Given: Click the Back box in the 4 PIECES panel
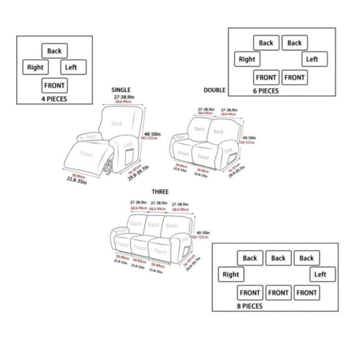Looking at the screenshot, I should pos(54,51).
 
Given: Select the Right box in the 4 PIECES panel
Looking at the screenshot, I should pos(35,67).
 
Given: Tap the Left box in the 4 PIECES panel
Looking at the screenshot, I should pos(71,67).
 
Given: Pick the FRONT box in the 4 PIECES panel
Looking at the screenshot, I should pos(54,85).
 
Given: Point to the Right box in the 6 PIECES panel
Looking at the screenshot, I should pos(247,59).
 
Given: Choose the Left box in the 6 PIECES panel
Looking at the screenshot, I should pos(313,59).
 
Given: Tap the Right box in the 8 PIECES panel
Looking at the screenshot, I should pos(231,274).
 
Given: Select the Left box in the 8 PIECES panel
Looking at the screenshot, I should pos(321,274).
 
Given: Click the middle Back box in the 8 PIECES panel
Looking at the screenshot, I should pos(278,258).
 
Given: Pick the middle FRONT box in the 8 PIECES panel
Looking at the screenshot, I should pos(278,292).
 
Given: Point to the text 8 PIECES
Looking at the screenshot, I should pos(249,307).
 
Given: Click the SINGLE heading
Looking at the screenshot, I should pos(121,90).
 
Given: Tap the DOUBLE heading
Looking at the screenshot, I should pos(214,90).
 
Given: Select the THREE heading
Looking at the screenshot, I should pos(160,192).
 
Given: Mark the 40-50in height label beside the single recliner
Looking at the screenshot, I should pos(152,134).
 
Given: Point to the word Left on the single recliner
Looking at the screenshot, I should pos(128,145).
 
